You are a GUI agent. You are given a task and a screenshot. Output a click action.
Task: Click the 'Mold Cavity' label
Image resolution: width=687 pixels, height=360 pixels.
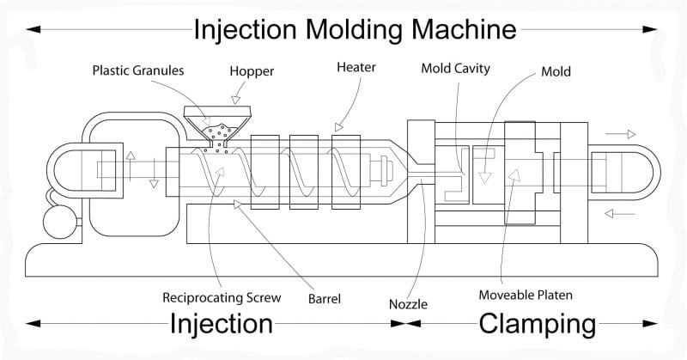454,69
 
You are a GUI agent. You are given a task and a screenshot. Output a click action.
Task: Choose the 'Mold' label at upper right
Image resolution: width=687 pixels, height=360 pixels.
556,73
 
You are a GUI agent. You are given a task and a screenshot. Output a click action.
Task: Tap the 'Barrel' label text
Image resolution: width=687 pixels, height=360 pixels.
324,300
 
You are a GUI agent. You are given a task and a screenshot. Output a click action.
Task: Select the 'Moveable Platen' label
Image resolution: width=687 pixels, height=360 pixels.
526,296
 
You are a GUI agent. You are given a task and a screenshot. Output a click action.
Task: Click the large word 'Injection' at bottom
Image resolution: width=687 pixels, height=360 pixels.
221,324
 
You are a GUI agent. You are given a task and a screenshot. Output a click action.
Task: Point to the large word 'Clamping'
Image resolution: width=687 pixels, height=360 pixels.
537,324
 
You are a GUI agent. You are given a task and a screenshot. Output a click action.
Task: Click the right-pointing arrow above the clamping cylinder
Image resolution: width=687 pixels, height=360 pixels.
619,134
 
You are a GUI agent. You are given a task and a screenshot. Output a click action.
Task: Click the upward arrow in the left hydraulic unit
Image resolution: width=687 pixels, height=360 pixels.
129,160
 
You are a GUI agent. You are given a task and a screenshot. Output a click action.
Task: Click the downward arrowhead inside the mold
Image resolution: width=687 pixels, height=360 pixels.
485,177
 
